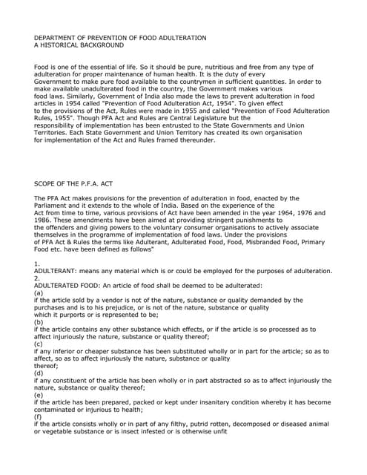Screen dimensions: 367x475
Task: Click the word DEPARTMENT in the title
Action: pyautogui.click(x=58, y=38)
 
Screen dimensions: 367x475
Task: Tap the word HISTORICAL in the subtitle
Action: pyautogui.click(x=63, y=45)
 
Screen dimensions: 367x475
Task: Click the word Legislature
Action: pyautogui.click(x=205, y=117)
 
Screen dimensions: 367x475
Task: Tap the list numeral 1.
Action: pyautogui.click(x=37, y=264)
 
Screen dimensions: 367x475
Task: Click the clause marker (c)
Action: pyautogui.click(x=39, y=344)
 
